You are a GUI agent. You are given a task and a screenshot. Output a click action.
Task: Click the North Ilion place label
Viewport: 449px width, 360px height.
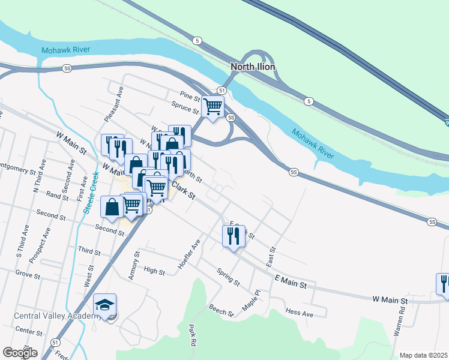(x=253, y=67)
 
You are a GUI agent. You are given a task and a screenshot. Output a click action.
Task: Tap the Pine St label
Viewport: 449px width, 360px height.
(x=190, y=96)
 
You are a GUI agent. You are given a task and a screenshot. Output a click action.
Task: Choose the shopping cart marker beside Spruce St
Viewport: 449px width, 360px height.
(x=212, y=107)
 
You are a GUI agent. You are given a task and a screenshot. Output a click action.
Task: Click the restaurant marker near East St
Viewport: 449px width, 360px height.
(x=234, y=236)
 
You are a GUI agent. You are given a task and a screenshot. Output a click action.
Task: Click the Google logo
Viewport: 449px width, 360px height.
(x=20, y=353)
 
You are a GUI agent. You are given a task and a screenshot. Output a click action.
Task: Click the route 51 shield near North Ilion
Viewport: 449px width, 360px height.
(x=222, y=90)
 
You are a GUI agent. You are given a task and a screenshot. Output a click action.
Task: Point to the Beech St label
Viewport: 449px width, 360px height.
(x=221, y=310)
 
